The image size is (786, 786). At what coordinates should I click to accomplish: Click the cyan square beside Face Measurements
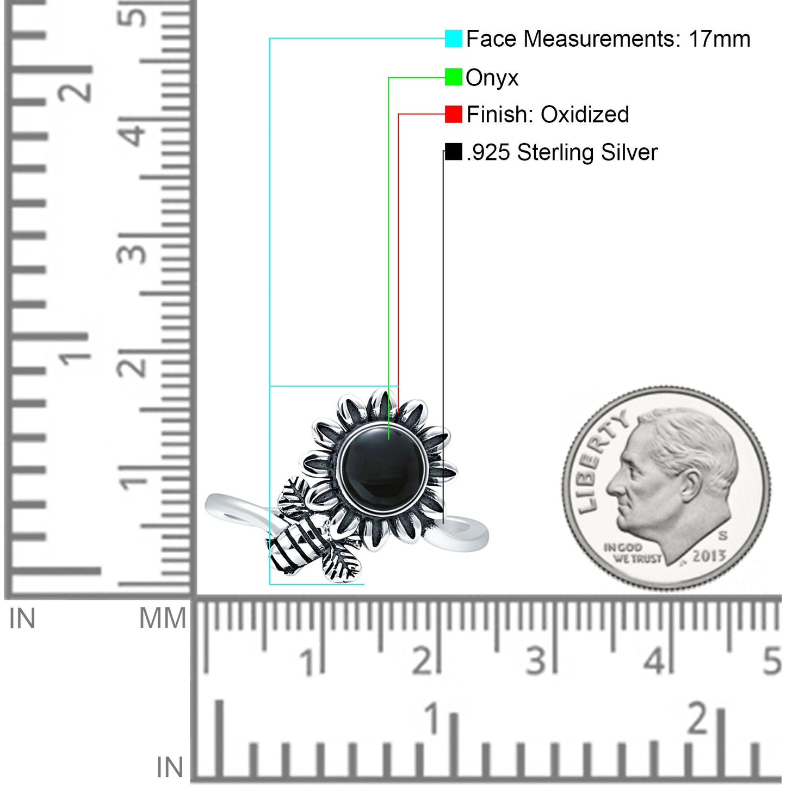click(x=453, y=38)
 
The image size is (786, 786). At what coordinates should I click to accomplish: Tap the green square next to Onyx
click(x=453, y=77)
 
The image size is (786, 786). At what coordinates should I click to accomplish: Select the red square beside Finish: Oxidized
click(x=453, y=114)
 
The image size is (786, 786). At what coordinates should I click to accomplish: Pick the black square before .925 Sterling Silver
click(x=453, y=152)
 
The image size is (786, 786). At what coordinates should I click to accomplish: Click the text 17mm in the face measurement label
click(x=720, y=39)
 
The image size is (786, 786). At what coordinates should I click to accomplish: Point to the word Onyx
click(x=492, y=78)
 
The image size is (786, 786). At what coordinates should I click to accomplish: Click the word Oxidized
click(x=585, y=115)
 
